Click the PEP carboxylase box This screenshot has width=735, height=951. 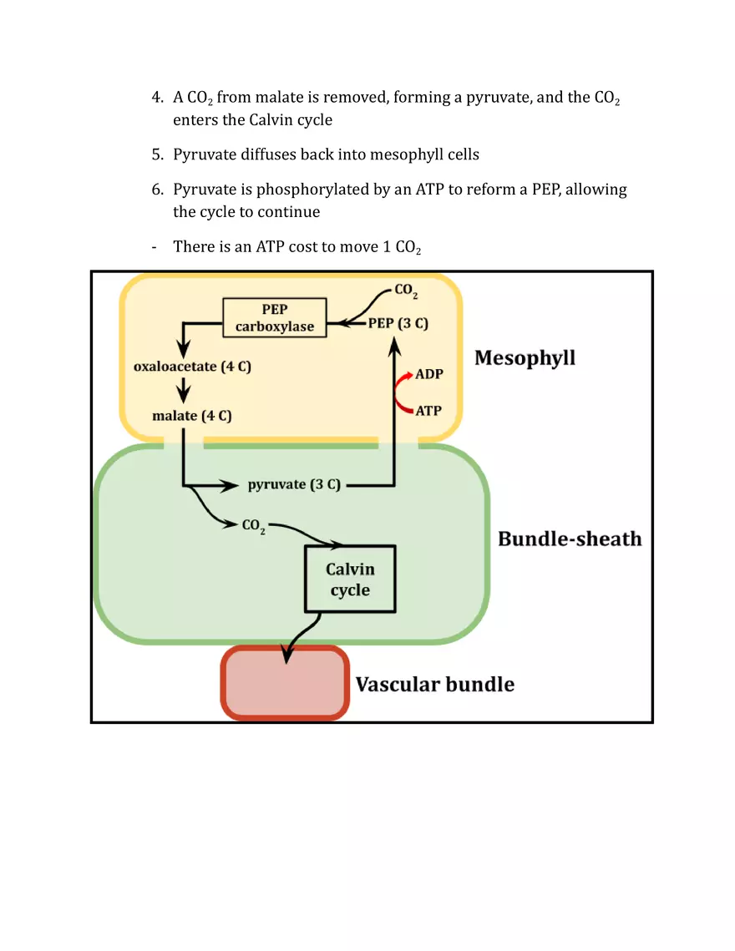(x=275, y=318)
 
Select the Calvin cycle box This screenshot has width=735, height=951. (x=349, y=579)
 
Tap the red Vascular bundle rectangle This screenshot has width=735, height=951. (x=285, y=683)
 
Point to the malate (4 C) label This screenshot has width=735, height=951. (x=192, y=416)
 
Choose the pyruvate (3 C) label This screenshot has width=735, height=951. (x=294, y=484)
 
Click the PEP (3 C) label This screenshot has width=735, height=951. (x=398, y=324)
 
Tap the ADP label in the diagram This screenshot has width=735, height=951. (x=429, y=374)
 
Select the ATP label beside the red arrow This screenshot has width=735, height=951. (x=428, y=411)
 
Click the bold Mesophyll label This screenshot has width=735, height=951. (x=525, y=358)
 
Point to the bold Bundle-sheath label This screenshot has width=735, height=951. (x=570, y=539)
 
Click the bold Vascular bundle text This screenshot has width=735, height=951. (x=434, y=685)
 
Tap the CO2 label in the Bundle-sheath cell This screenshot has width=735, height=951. (x=253, y=527)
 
